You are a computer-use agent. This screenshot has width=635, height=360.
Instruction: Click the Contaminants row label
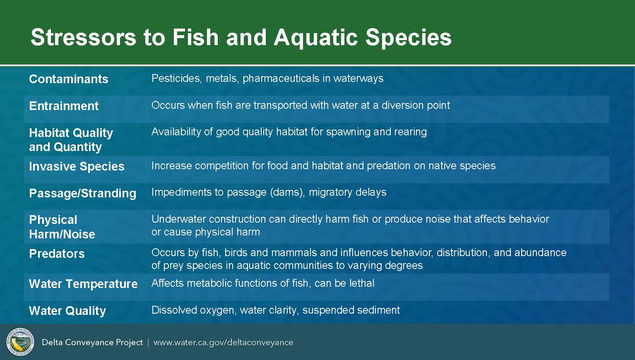tap(69, 79)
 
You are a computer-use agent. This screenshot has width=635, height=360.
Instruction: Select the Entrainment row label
tap(64, 106)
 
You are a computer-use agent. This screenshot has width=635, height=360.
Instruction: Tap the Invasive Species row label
tap(77, 166)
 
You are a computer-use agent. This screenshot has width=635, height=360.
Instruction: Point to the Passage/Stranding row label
tap(82, 193)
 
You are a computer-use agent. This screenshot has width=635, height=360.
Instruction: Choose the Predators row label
tap(57, 254)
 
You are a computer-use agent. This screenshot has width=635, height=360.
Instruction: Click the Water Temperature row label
tap(83, 284)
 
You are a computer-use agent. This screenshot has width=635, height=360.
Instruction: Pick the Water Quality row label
tap(67, 311)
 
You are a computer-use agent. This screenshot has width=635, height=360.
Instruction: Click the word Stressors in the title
tap(83, 37)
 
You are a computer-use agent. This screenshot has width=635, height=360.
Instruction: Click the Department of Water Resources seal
tap(20, 342)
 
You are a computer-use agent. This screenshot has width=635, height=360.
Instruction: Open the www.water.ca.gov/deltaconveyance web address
tap(224, 343)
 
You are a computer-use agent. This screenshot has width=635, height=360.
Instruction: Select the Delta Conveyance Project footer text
tap(92, 343)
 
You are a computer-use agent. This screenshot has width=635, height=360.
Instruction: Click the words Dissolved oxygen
tap(194, 310)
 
